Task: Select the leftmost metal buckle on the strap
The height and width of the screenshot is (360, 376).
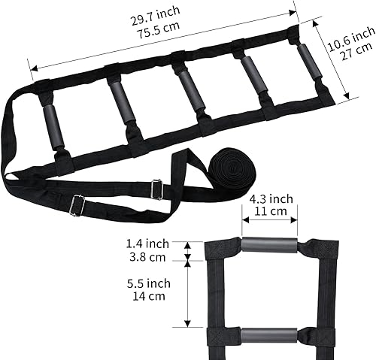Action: click(x=77, y=204)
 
